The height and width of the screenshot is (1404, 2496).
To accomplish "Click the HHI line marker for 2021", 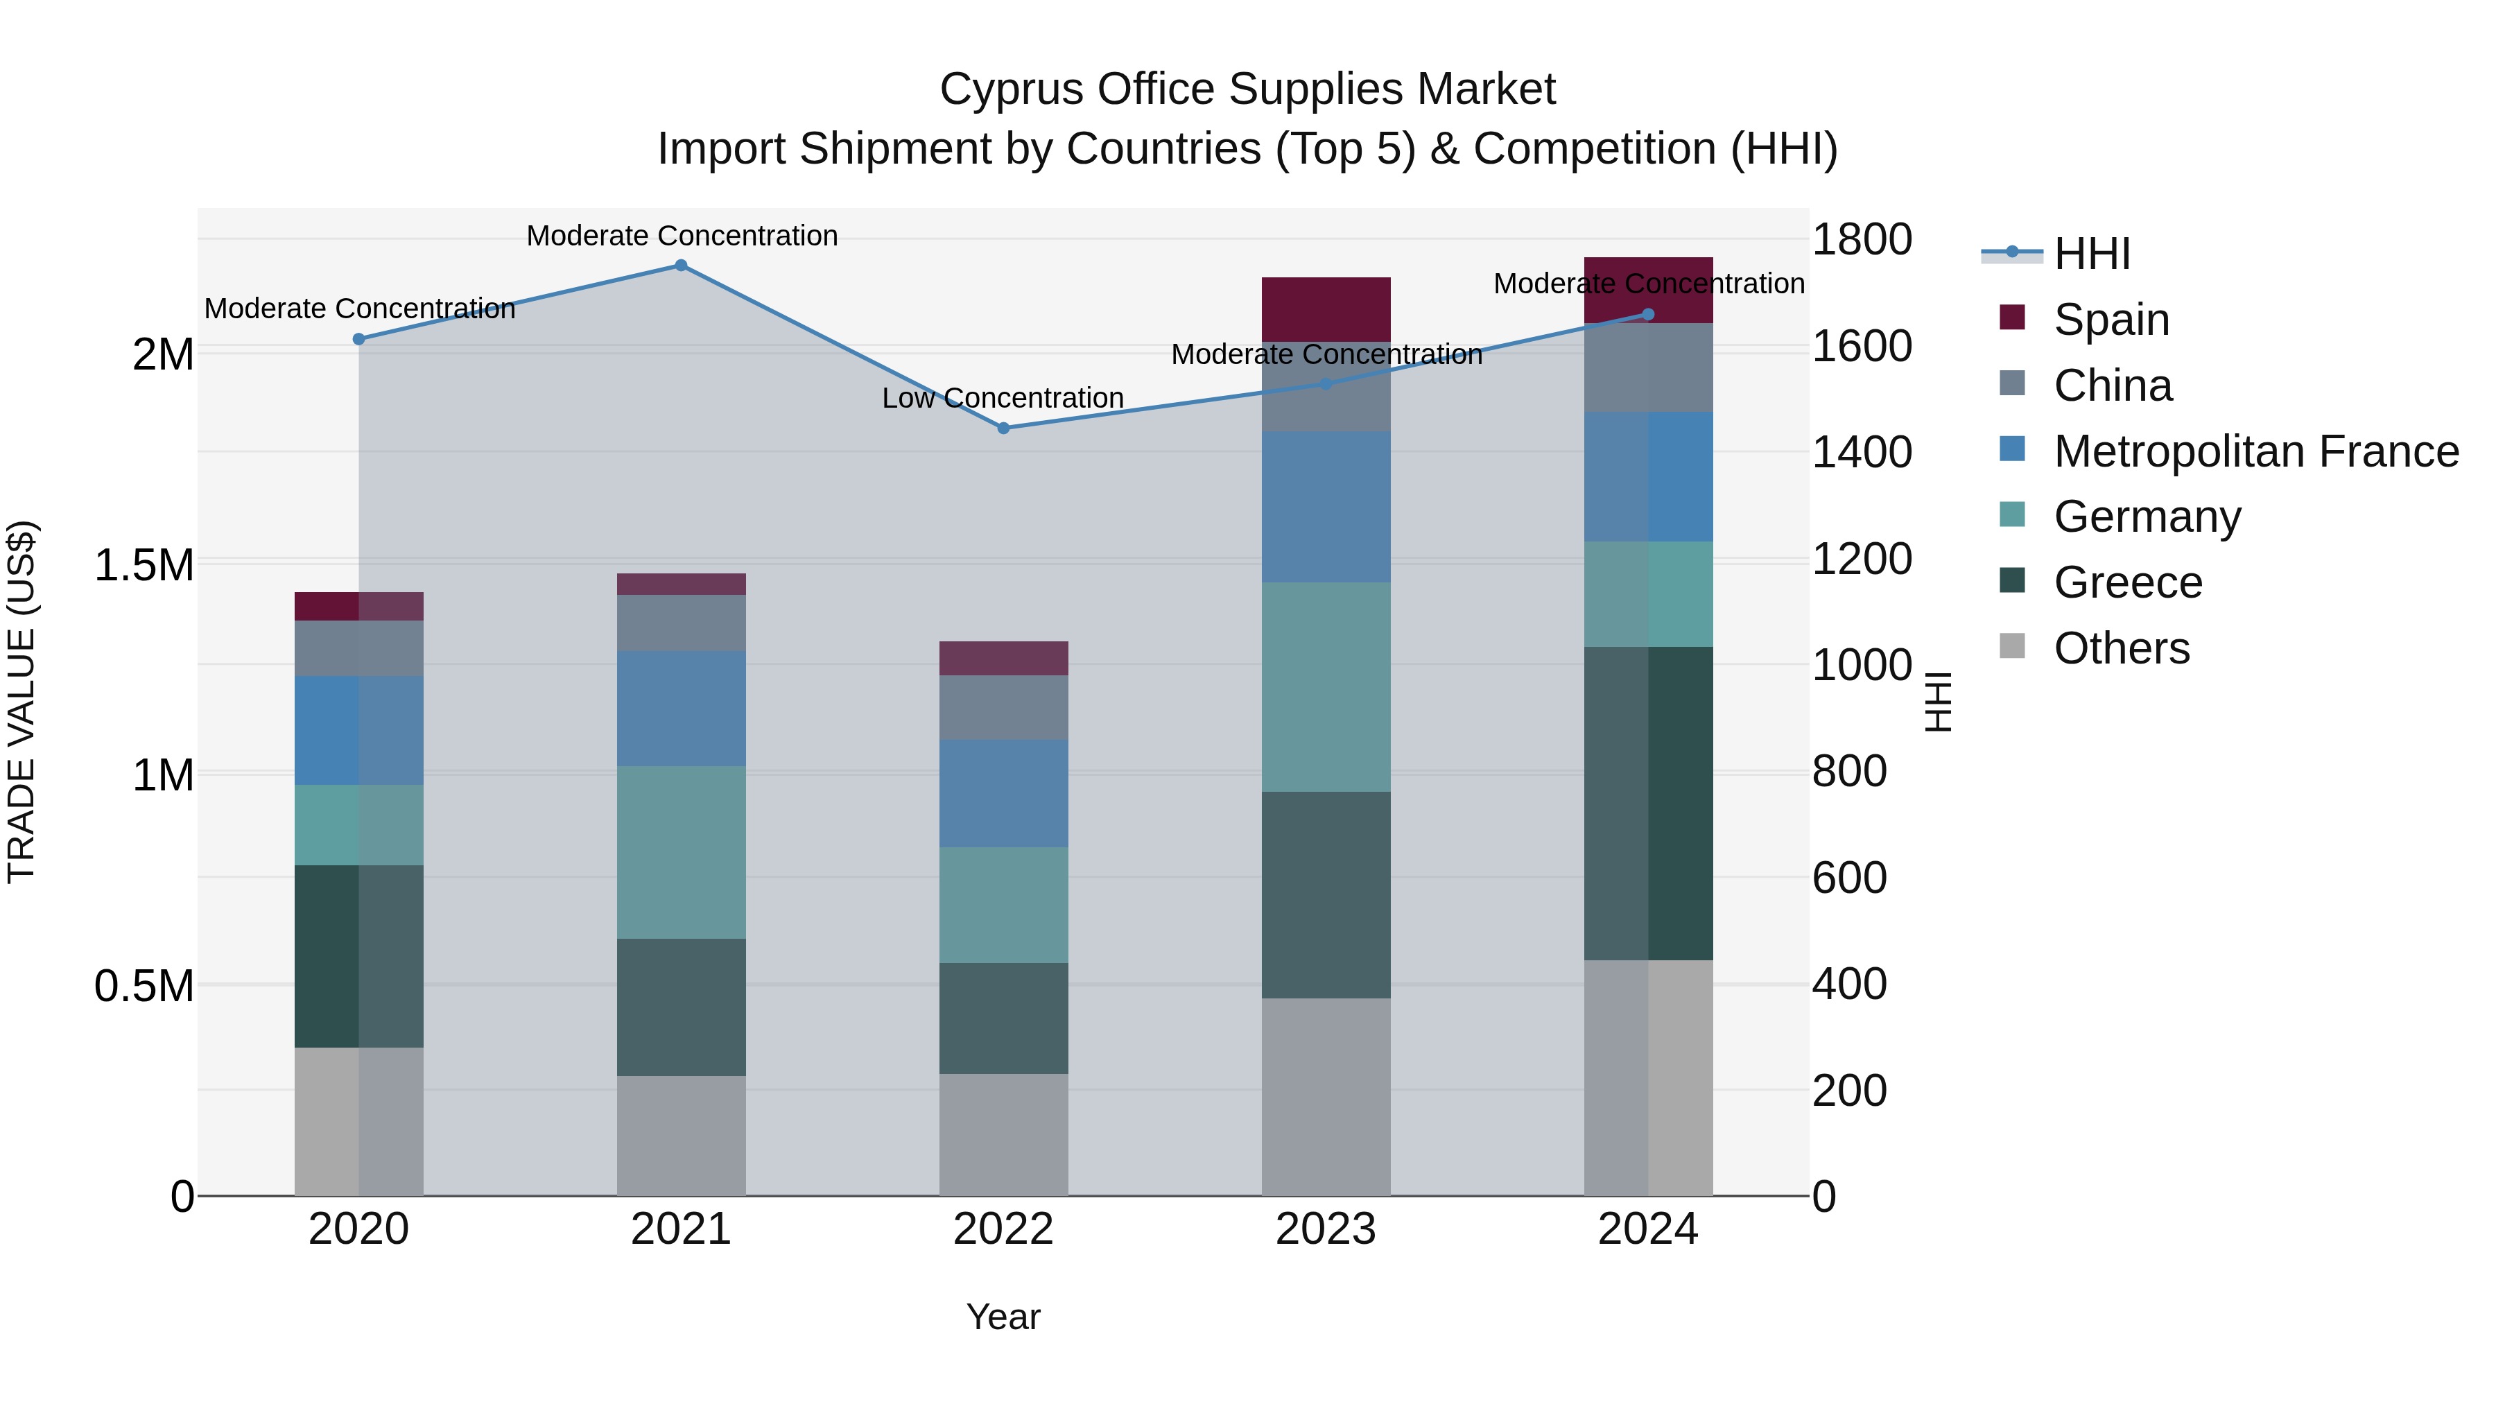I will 680,266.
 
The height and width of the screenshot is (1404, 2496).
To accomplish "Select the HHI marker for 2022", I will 1004,428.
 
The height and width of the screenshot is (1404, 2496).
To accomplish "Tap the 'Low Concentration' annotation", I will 1002,398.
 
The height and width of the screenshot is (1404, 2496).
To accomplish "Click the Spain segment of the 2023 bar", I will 1326,309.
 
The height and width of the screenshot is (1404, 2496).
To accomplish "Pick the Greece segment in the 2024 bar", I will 1648,804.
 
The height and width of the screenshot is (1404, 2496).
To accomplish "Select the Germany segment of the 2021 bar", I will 681,853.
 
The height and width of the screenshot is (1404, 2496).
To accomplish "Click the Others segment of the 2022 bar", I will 1004,1134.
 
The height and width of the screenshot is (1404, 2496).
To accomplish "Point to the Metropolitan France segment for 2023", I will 1326,507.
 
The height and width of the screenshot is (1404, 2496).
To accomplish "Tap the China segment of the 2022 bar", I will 1004,707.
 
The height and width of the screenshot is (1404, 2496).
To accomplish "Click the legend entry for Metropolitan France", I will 2255,451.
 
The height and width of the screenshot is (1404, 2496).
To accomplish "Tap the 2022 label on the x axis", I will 1004,1229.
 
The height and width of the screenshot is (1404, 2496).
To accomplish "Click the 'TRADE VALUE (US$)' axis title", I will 22,702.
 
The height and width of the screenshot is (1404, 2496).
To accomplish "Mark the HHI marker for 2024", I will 1648,315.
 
